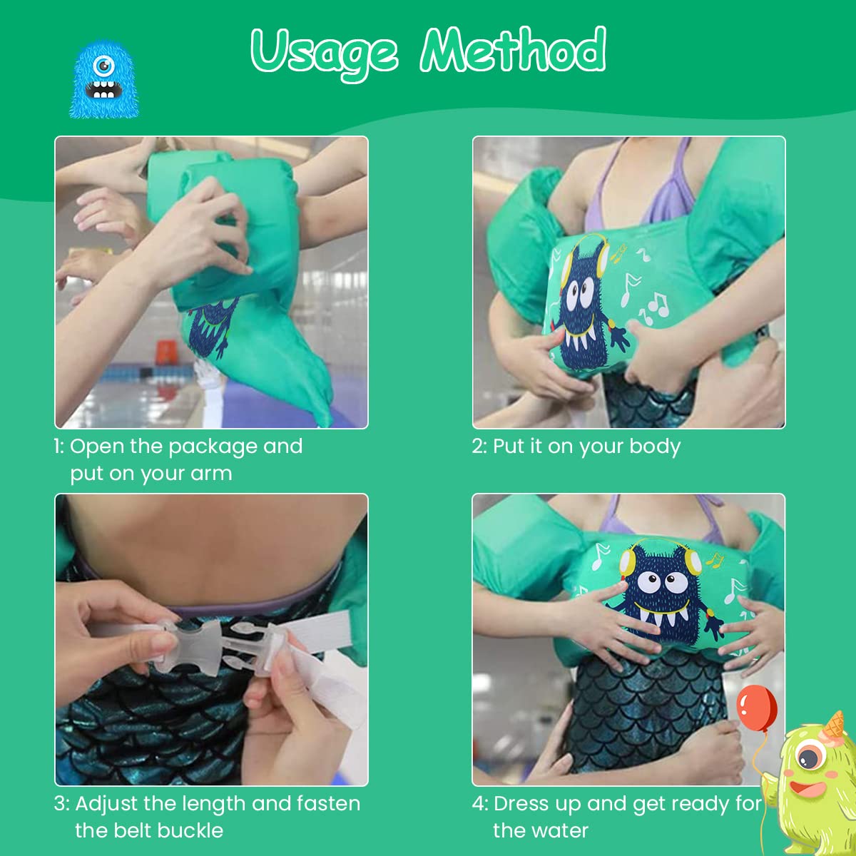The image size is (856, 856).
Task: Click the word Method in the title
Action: (513, 49)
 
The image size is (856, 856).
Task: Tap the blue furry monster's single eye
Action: (104, 66)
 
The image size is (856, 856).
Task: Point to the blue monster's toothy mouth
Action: (103, 89)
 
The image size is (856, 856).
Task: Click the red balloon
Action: (757, 708)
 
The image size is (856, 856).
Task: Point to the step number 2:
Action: (480, 447)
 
